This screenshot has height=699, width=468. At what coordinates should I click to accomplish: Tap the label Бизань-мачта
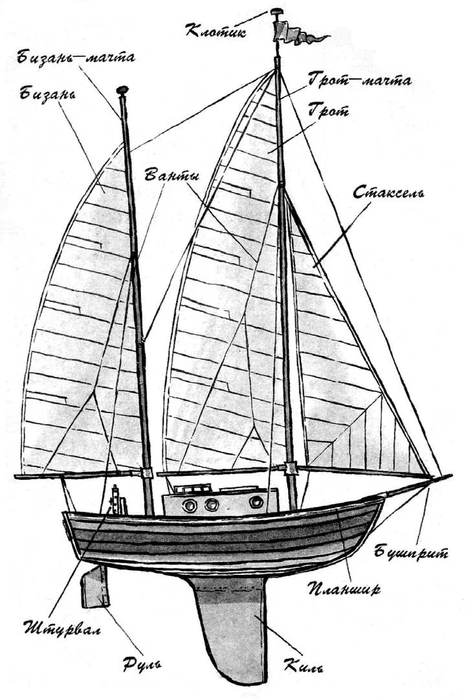pos(76,58)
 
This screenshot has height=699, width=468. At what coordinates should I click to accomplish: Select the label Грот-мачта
pos(359,81)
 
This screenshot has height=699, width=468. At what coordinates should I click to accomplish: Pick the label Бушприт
pos(411,553)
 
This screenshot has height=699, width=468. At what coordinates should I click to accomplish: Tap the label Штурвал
pos(62,629)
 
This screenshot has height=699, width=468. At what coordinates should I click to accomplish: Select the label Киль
pos(303,666)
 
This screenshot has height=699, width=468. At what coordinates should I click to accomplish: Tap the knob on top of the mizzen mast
pos(122,90)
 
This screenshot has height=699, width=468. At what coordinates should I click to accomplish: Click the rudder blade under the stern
pos(95,587)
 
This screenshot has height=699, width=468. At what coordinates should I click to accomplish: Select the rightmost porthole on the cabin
pos(256,502)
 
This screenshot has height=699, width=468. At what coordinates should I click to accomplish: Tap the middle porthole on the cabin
pos(211,504)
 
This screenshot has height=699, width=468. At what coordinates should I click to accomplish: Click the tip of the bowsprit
pos(451,476)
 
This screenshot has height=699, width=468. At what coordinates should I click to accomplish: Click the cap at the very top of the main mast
pos(277,11)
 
